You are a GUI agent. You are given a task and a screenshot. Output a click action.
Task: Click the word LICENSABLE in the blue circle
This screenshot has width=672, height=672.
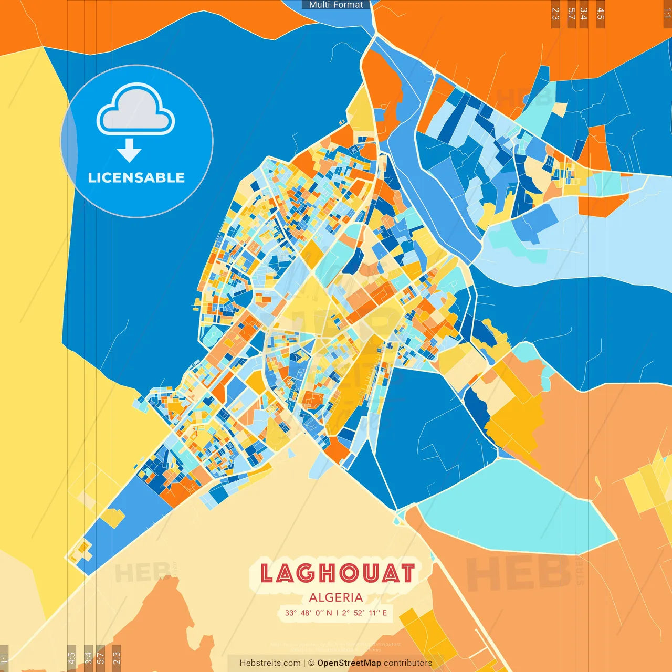[136, 177]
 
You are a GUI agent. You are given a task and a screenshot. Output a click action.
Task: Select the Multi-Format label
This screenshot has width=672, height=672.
[336, 5]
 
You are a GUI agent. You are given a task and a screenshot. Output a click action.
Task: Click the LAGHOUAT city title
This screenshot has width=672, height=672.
[337, 573]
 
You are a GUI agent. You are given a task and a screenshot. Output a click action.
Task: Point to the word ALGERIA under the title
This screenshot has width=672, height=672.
[336, 597]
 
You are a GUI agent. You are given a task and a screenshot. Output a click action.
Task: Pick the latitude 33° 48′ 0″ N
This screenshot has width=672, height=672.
[308, 613]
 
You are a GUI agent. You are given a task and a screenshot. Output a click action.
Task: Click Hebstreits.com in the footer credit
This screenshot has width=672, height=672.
[270, 663]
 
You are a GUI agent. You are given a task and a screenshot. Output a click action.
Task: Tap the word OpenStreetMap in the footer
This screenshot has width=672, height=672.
[349, 663]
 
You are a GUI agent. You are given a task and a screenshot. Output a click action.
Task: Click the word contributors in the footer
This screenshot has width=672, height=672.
[408, 663]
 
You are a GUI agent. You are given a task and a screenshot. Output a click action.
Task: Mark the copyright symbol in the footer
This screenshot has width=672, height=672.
[311, 663]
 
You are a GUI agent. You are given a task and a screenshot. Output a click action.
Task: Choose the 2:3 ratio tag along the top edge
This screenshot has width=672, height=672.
[555, 14]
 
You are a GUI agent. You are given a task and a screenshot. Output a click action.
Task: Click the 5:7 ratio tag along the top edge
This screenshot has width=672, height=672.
[571, 14]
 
